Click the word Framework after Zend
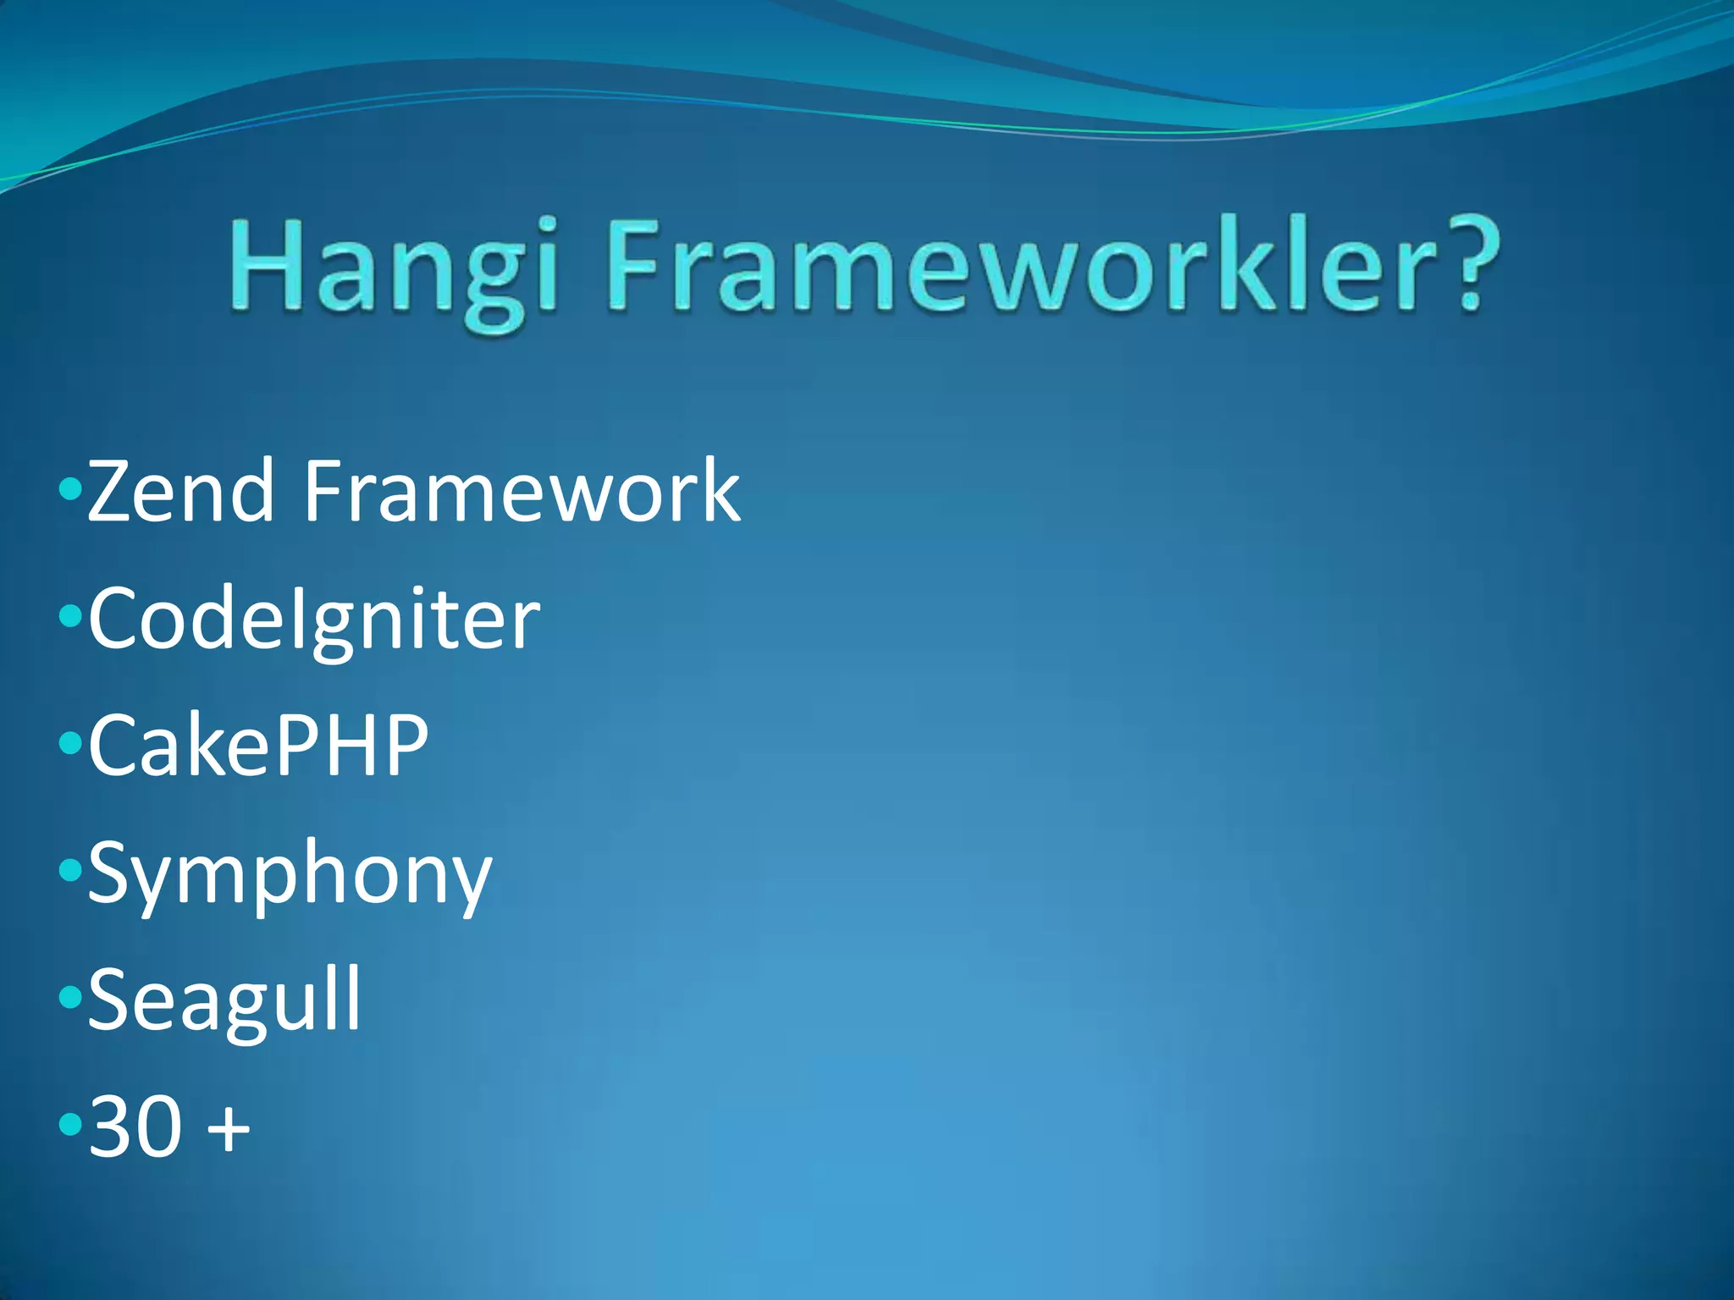click(x=522, y=491)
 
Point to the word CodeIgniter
click(x=313, y=620)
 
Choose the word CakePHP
click(x=258, y=746)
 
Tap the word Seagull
click(x=224, y=1001)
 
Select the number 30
click(x=135, y=1126)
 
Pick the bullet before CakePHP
click(x=70, y=744)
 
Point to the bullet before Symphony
click(x=70, y=871)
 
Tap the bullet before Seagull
click(x=70, y=999)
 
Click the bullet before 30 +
click(x=70, y=1126)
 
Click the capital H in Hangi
click(x=266, y=264)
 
